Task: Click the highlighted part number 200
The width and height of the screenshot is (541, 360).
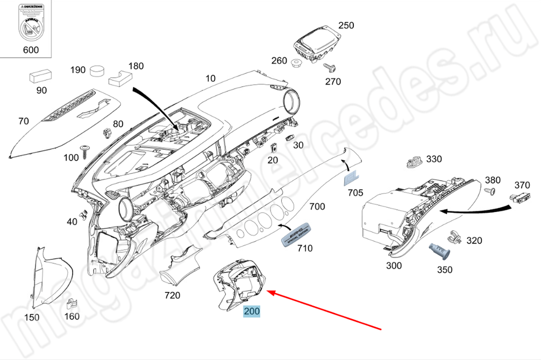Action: (x=252, y=311)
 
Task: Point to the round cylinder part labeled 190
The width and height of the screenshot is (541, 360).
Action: (x=98, y=71)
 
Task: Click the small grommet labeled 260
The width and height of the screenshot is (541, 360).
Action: (x=296, y=64)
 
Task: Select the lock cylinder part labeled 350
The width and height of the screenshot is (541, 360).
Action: (x=439, y=251)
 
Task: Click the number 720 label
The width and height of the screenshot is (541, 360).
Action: (x=172, y=295)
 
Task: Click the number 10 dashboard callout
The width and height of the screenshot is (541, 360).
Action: (x=210, y=78)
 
